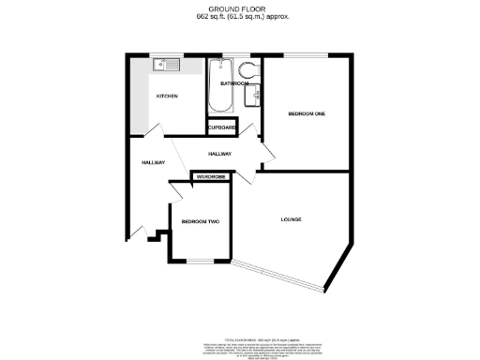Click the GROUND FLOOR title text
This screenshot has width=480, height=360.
(239, 8)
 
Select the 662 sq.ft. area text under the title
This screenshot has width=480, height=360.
(239, 17)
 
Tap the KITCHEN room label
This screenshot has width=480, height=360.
(167, 96)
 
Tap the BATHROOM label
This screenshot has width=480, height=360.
(233, 83)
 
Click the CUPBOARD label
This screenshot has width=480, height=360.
(222, 127)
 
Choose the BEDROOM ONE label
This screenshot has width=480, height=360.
(306, 113)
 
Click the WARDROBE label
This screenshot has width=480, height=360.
(211, 175)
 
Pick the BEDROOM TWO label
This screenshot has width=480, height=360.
(199, 221)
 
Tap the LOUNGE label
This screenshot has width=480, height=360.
(291, 219)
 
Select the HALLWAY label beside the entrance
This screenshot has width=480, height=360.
(153, 162)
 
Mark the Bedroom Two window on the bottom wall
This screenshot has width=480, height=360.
(200, 260)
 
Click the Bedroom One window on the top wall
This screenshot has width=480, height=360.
(306, 54)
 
